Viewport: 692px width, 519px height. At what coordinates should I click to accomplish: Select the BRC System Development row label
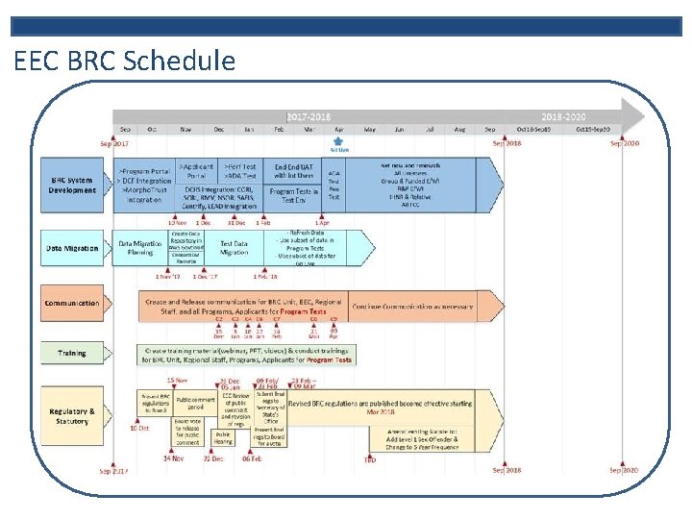pyautogui.click(x=73, y=185)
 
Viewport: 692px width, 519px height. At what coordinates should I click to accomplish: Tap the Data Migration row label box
pyautogui.click(x=72, y=249)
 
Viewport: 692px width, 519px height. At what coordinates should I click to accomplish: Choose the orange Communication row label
pyautogui.click(x=72, y=303)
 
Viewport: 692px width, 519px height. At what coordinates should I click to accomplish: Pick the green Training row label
pyautogui.click(x=72, y=353)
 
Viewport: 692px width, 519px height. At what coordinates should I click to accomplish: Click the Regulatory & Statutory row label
pyautogui.click(x=72, y=416)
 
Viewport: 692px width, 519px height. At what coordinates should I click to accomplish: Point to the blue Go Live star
pyautogui.click(x=338, y=141)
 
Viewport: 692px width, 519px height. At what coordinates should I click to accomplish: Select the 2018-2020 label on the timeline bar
pyautogui.click(x=564, y=115)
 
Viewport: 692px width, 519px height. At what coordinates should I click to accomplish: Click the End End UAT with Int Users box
pyautogui.click(x=294, y=170)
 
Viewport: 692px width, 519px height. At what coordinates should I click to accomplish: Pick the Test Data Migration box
pyautogui.click(x=234, y=248)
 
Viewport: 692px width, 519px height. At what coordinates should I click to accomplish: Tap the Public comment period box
pyautogui.click(x=195, y=403)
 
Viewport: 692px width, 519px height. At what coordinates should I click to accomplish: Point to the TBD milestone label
pyautogui.click(x=369, y=458)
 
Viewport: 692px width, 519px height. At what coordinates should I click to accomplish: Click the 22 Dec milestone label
pyautogui.click(x=213, y=458)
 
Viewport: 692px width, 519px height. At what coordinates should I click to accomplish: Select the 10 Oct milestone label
pyautogui.click(x=139, y=428)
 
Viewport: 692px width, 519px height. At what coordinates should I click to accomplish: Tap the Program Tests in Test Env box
pyautogui.click(x=294, y=195)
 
